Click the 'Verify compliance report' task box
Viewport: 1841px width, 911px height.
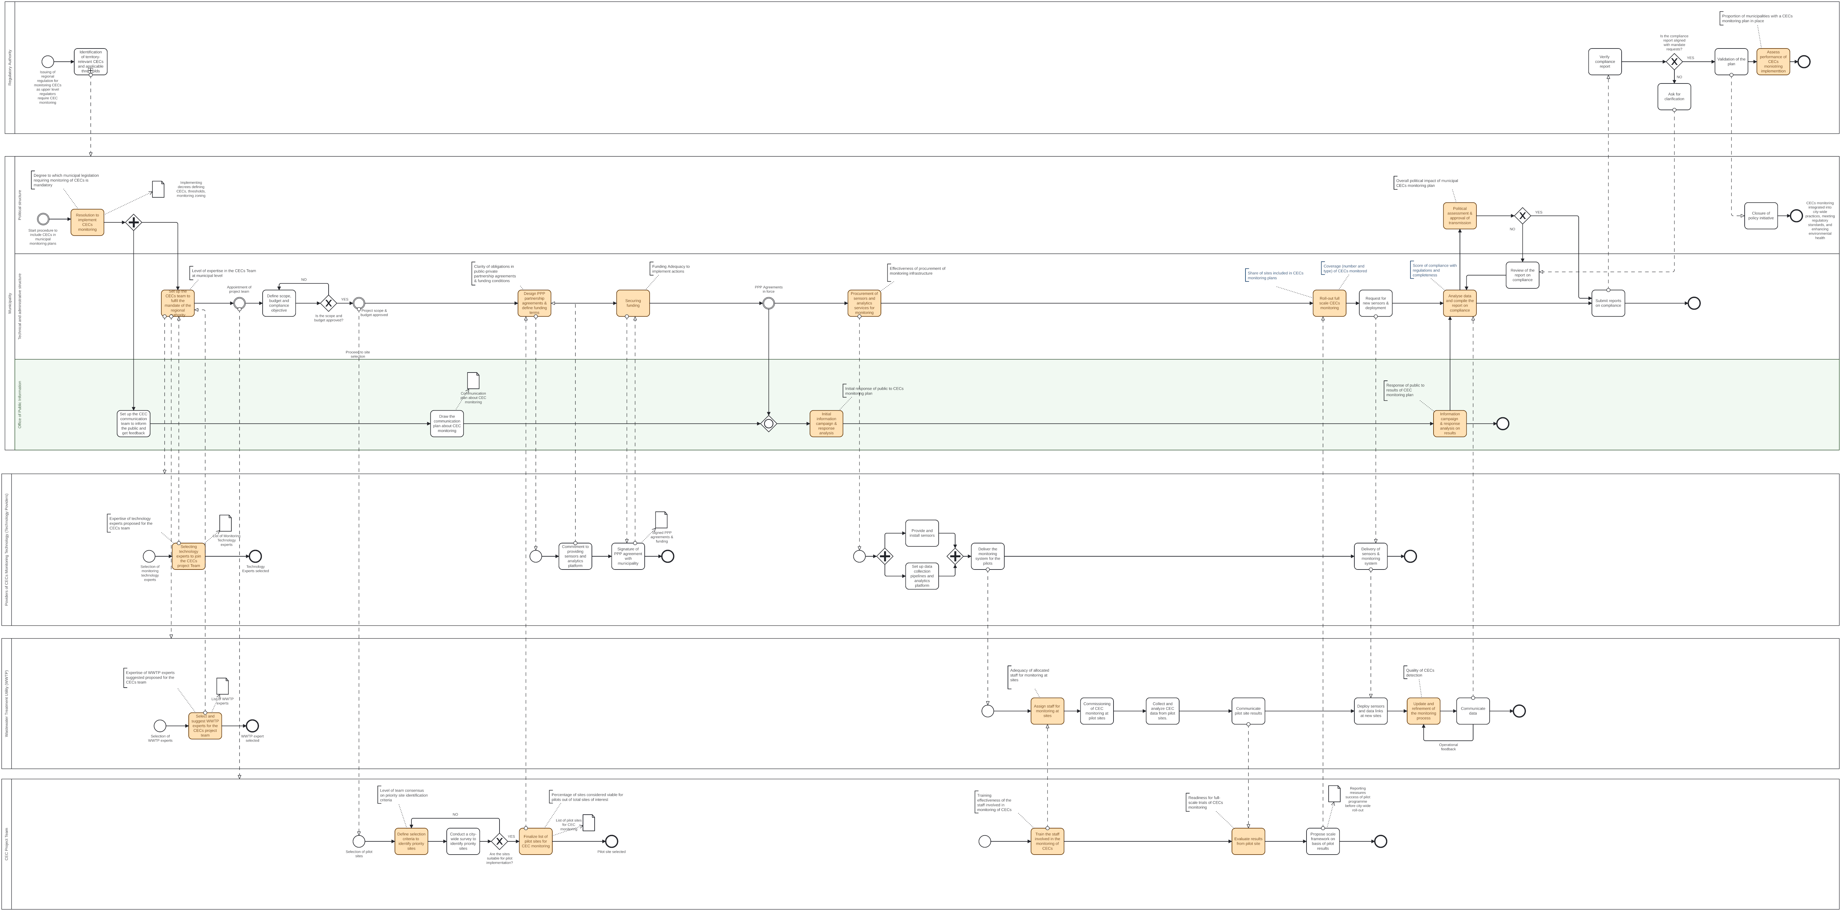(1604, 61)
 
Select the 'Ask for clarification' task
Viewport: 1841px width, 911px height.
(1674, 96)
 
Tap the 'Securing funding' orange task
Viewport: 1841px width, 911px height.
(632, 303)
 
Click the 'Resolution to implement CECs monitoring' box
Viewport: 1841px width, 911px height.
(87, 222)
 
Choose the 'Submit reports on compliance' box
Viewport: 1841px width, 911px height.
(1608, 303)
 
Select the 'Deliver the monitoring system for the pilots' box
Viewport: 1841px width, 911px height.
(987, 556)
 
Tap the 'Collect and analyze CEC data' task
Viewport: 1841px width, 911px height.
(1162, 711)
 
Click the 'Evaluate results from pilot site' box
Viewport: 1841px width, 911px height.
(1248, 841)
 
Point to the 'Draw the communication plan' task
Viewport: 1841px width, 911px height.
(447, 424)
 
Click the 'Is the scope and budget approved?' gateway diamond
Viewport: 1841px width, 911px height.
(328, 303)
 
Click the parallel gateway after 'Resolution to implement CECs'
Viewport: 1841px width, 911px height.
(134, 222)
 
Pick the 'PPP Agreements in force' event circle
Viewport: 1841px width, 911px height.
(768, 303)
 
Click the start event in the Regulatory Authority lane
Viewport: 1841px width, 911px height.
(48, 61)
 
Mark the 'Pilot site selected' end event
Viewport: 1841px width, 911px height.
(611, 841)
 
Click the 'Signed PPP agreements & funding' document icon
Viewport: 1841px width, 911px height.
(661, 519)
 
